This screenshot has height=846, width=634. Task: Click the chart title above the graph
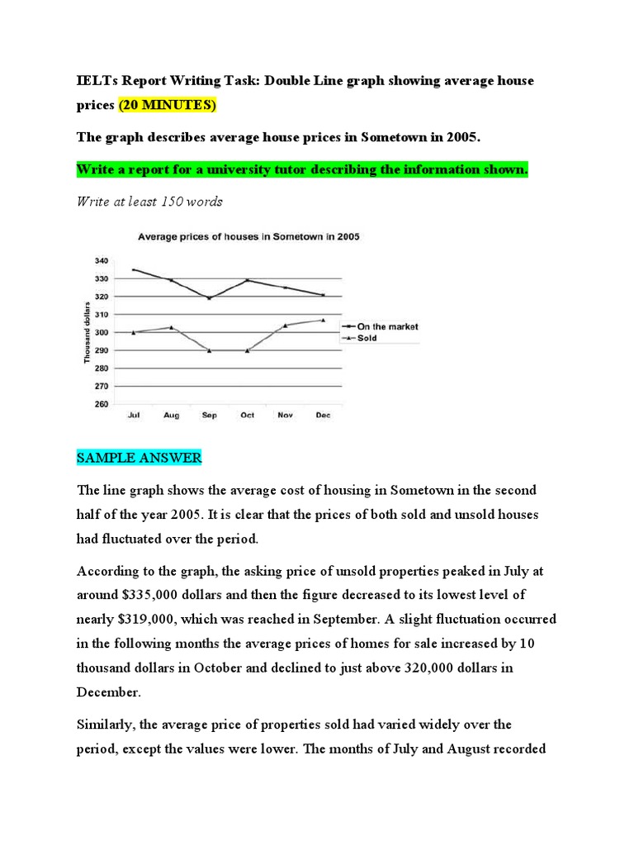click(x=248, y=236)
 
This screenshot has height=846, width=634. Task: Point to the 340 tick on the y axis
click(x=101, y=260)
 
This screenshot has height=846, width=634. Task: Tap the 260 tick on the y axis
click(x=101, y=404)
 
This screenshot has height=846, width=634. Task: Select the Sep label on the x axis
click(x=210, y=416)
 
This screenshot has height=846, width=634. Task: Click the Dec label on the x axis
click(x=323, y=416)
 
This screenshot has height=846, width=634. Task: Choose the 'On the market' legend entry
click(x=387, y=326)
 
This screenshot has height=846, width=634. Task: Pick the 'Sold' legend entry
click(x=367, y=338)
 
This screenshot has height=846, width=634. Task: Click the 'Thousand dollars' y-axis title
click(x=85, y=332)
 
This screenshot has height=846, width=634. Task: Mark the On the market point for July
click(x=134, y=269)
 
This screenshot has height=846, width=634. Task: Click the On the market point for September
click(x=210, y=298)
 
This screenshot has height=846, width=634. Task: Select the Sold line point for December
click(x=323, y=320)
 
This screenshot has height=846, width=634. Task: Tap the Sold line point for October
click(x=247, y=350)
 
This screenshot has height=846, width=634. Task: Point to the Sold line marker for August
click(x=172, y=327)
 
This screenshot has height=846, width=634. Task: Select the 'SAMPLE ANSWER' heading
click(x=139, y=458)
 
